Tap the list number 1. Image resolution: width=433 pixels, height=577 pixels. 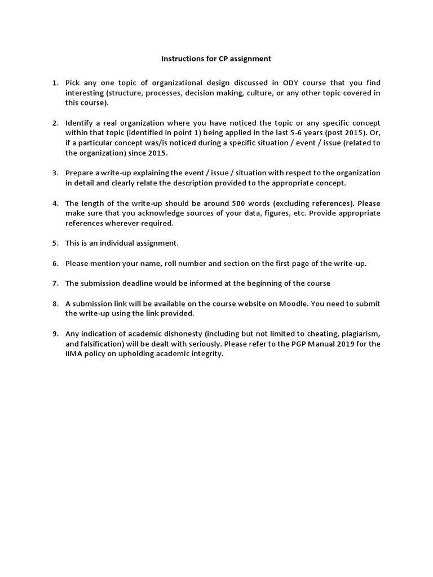55,83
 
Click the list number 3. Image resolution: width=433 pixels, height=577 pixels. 55,173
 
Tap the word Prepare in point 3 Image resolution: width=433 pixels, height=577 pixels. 80,173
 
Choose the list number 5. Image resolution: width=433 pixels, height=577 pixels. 55,243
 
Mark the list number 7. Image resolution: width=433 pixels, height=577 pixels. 55,283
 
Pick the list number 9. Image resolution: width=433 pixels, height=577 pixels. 55,333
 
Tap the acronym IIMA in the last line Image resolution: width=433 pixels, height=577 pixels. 75,353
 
